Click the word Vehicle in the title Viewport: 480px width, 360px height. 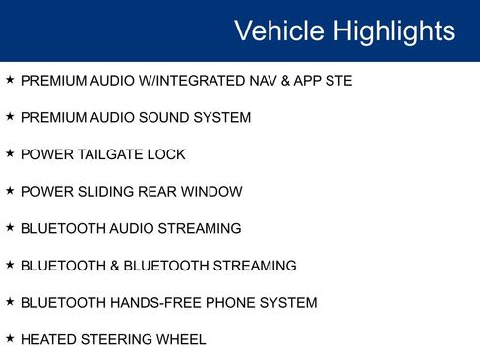279,30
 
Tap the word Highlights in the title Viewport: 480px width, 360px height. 394,30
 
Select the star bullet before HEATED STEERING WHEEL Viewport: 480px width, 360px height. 10,338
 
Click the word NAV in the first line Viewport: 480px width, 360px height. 260,81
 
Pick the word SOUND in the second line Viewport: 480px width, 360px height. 169,118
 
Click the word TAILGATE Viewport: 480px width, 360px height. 111,154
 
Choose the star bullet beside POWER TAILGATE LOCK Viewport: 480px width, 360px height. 10,153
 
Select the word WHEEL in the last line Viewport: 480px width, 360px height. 183,339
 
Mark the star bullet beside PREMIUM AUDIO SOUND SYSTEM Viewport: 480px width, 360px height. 10,117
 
